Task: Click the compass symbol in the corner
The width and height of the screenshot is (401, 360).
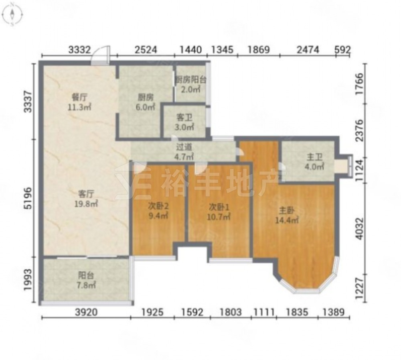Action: tap(12, 14)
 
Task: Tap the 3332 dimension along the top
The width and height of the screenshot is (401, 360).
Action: tap(79, 50)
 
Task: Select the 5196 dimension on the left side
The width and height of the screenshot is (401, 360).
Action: tap(28, 198)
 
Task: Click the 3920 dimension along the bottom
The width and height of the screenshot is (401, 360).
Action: tap(86, 312)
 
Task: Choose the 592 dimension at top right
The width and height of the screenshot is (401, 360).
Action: tap(342, 50)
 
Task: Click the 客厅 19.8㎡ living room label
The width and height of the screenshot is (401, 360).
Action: tap(86, 199)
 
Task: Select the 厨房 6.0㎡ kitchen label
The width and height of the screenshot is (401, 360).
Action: tap(146, 102)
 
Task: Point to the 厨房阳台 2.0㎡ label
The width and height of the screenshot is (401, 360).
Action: tap(190, 85)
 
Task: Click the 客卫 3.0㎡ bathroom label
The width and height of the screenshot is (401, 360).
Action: tap(184, 122)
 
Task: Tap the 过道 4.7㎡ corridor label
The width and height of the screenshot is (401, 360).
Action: tap(184, 152)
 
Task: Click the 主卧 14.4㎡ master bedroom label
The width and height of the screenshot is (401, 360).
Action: tap(286, 216)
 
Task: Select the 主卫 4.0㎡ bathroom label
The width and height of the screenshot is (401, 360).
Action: tap(314, 162)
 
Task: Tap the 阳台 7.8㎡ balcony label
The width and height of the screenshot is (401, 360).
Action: tap(86, 280)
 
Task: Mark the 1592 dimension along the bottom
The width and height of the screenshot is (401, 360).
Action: tap(192, 312)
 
